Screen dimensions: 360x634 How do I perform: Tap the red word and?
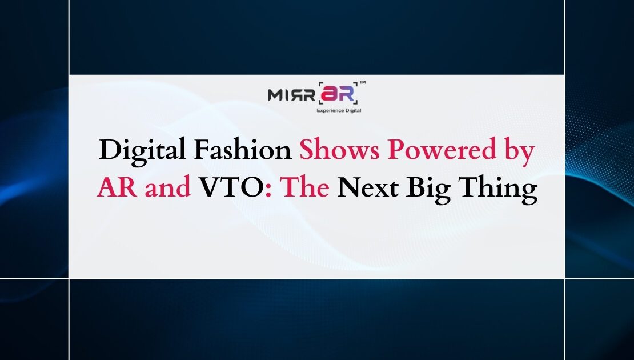coord(167,187)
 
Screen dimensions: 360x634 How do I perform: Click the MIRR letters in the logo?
coord(291,94)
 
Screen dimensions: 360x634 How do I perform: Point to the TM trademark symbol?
coord(363,83)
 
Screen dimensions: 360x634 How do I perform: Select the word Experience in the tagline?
coord(330,110)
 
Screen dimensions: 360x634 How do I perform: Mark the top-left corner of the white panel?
coord(70,75)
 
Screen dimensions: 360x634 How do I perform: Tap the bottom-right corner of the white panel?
coord(564,278)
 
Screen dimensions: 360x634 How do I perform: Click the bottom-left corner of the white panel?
coord(70,278)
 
